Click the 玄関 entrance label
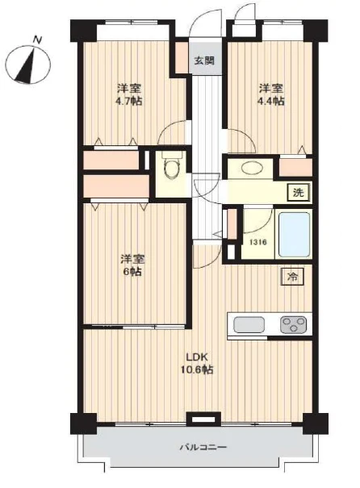[x=204, y=60]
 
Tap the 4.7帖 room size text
[x=129, y=101]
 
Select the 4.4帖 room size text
[x=270, y=101]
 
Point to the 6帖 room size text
[x=132, y=271]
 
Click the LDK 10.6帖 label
[x=197, y=363]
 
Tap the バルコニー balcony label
[x=203, y=448]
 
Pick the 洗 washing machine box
[x=298, y=193]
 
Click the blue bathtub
[x=294, y=234]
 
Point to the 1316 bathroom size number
[x=257, y=242]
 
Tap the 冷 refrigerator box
[x=292, y=277]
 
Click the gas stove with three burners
[x=293, y=324]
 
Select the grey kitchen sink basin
[x=249, y=324]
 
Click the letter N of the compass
[x=38, y=40]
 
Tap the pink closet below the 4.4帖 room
[x=295, y=168]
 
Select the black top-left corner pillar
[x=83, y=31]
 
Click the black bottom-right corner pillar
[x=315, y=423]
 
